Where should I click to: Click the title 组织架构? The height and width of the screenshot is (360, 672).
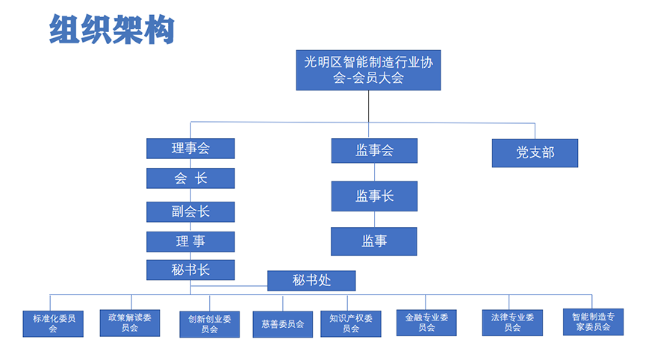click(112, 29)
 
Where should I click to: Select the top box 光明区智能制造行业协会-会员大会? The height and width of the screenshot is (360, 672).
click(369, 70)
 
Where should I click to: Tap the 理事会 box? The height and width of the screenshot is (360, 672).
click(190, 149)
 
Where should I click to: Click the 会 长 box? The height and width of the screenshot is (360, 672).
click(190, 179)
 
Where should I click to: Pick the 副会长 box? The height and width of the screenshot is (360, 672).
click(190, 211)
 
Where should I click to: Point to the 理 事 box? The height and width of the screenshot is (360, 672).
click(190, 242)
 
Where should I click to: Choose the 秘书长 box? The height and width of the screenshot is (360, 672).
click(190, 270)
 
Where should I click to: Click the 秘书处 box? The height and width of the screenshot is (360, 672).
click(311, 281)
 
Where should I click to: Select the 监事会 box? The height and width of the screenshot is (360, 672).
click(375, 150)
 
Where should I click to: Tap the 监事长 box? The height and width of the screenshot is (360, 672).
click(375, 196)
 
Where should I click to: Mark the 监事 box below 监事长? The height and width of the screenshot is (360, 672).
click(374, 241)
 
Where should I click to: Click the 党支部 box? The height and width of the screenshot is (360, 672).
click(535, 153)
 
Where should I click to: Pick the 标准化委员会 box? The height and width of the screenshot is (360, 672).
click(53, 324)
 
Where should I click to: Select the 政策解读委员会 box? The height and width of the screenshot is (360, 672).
click(130, 323)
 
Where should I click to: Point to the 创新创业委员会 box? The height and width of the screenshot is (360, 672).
click(210, 324)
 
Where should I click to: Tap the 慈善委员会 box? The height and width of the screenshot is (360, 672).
click(283, 324)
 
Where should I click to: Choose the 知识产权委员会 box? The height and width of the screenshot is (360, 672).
click(351, 324)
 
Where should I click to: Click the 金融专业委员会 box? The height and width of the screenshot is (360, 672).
click(426, 323)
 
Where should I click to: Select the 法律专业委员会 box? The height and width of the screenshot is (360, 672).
click(512, 323)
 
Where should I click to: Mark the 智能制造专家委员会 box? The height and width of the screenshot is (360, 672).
click(593, 322)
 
